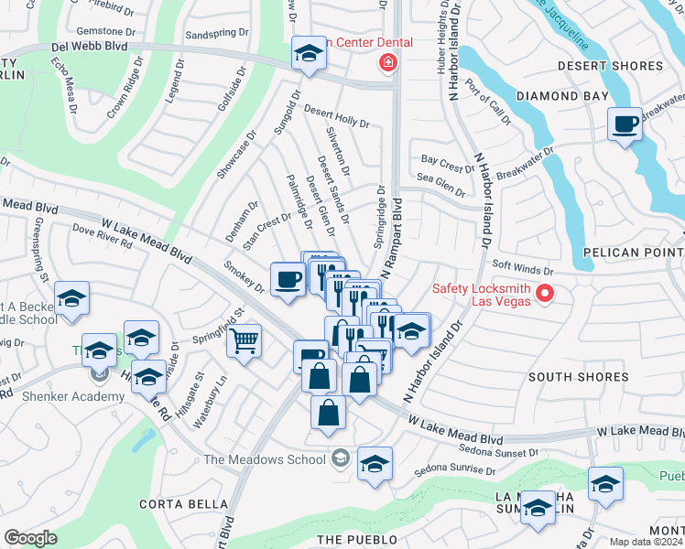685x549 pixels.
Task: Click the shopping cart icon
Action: pyautogui.click(x=243, y=342)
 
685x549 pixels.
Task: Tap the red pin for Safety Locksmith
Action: pyautogui.click(x=546, y=294)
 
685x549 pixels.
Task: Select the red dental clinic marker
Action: pyautogui.click(x=389, y=62)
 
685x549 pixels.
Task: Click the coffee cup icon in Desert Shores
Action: pyautogui.click(x=625, y=124)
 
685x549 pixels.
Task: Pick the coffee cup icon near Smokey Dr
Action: pyautogui.click(x=288, y=278)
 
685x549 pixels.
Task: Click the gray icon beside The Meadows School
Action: pyautogui.click(x=341, y=458)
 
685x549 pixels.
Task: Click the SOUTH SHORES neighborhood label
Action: pyautogui.click(x=578, y=377)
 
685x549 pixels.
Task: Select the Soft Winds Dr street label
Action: pyautogui.click(x=523, y=271)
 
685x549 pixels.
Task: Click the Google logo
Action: pyautogui.click(x=30, y=538)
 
